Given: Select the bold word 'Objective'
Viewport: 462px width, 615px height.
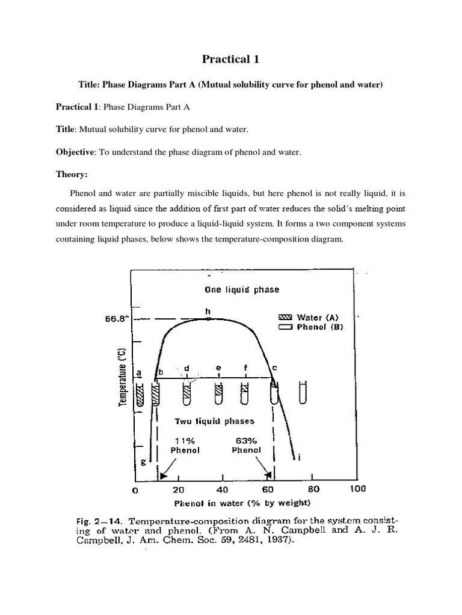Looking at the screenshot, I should pos(76,152).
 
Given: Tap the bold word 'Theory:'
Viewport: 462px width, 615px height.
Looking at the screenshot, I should pos(72,174).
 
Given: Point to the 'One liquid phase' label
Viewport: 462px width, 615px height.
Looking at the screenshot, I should pos(241,289).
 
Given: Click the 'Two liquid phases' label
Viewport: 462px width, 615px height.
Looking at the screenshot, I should pos(215,421).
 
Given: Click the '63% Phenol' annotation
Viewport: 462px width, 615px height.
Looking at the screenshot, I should pos(248,445).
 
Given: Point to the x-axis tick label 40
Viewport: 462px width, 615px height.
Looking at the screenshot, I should pos(223,489).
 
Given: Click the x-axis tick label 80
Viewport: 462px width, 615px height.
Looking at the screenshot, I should pos(312,489).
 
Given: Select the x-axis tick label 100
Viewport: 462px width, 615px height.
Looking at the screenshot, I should pos(357,489).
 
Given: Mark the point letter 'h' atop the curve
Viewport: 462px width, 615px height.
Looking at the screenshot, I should pos(208,311).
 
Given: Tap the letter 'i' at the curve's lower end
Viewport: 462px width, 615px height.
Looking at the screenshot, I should pos(298,458).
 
